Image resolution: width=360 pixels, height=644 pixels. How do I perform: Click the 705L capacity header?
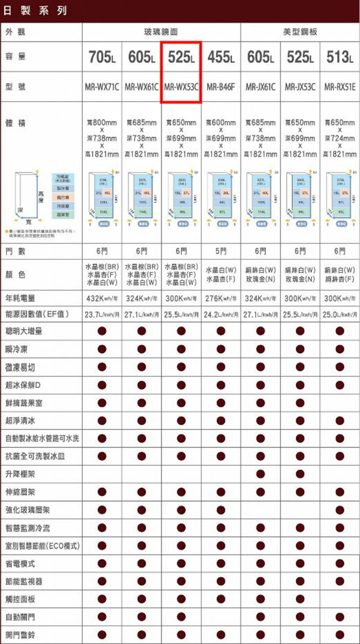coord(102,57)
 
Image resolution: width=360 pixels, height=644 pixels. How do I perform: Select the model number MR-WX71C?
coord(102,87)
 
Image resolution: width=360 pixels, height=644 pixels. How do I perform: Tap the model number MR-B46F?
coord(221,87)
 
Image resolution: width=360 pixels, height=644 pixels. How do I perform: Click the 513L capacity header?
coord(340,57)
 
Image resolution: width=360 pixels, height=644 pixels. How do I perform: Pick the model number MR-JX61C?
coord(260,87)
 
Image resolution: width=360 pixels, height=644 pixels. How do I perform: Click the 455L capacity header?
coord(221,57)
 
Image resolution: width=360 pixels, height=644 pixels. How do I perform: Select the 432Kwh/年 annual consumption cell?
coord(102,299)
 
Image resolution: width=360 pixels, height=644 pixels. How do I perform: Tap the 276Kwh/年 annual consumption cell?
coord(221,299)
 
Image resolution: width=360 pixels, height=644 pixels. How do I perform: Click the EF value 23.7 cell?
coord(102,315)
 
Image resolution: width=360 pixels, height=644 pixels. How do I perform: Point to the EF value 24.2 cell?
coord(221,315)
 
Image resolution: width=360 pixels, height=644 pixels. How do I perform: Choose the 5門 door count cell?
coord(221,251)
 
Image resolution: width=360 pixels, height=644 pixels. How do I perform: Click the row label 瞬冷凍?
coord(17,349)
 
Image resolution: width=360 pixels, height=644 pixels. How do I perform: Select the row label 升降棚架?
coord(20,474)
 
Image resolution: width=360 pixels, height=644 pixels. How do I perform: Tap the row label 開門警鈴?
coord(20,635)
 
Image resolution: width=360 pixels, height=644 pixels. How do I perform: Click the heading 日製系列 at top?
coord(35,10)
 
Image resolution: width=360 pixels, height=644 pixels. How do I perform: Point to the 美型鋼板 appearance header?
coord(300,32)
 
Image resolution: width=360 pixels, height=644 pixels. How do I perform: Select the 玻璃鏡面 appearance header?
coord(161,32)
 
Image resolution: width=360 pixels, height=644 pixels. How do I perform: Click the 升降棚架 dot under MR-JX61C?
coord(260,474)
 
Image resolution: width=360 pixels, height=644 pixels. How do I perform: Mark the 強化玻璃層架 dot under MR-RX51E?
coord(340,510)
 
